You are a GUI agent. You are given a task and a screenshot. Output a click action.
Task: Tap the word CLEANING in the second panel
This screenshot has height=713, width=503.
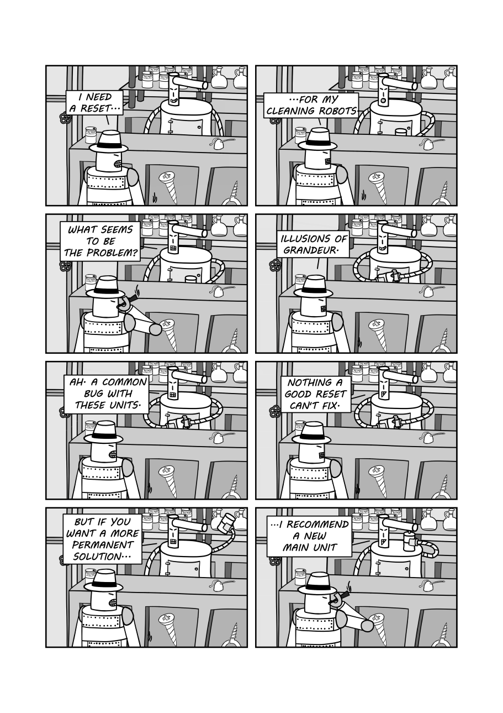[x=290, y=111]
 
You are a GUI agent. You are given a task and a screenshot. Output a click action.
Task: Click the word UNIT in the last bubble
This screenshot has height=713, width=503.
[x=326, y=548]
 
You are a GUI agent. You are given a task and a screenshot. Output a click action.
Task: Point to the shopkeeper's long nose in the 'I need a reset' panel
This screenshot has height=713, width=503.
[x=190, y=83]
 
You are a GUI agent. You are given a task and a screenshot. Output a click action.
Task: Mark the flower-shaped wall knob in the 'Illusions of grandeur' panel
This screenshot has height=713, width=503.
[x=275, y=266]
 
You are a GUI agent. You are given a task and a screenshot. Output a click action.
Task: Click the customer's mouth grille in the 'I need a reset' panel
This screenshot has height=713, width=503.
[x=118, y=164]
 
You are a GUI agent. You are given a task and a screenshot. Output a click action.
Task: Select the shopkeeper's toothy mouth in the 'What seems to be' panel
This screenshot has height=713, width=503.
[x=173, y=249]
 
